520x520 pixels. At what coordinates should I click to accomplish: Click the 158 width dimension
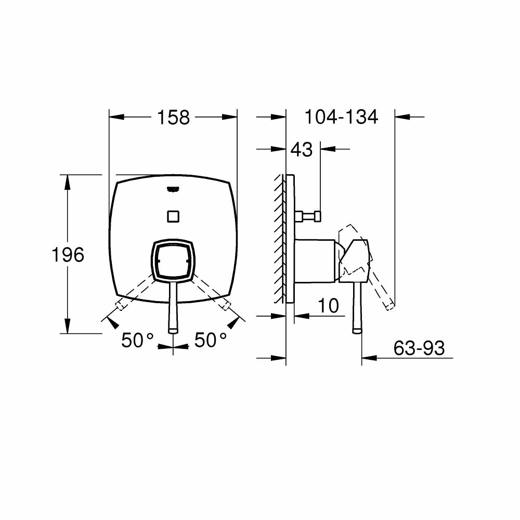(x=174, y=118)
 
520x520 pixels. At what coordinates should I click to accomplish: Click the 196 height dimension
(x=68, y=255)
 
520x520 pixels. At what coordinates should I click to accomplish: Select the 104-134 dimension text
(x=341, y=117)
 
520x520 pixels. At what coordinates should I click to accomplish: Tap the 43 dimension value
(x=302, y=150)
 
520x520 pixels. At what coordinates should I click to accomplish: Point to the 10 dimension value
(x=328, y=306)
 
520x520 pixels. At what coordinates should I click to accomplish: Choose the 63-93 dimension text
(x=419, y=348)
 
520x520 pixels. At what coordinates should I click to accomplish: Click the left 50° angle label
(x=137, y=341)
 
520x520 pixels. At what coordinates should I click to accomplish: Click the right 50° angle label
(x=211, y=341)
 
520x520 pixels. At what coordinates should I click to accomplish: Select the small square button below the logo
(x=173, y=215)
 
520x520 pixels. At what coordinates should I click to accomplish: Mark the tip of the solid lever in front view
(x=173, y=329)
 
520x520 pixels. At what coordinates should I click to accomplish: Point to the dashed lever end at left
(x=119, y=304)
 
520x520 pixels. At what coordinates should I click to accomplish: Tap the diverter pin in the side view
(x=309, y=215)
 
